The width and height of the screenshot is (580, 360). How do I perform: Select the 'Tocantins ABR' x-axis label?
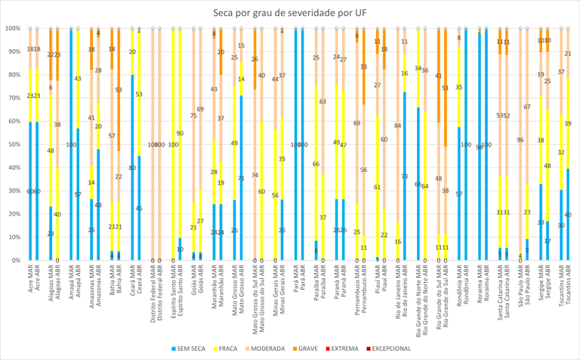(567, 286)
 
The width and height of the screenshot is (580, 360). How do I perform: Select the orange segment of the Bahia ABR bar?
(119, 90)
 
